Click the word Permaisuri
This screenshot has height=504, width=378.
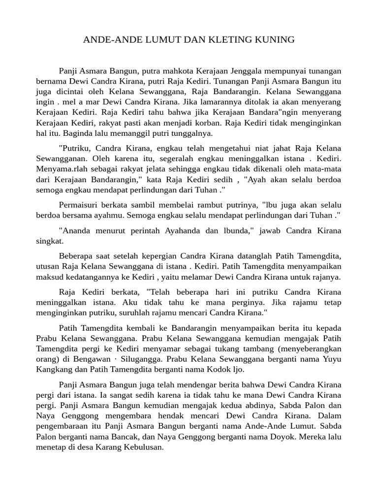coord(78,204)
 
